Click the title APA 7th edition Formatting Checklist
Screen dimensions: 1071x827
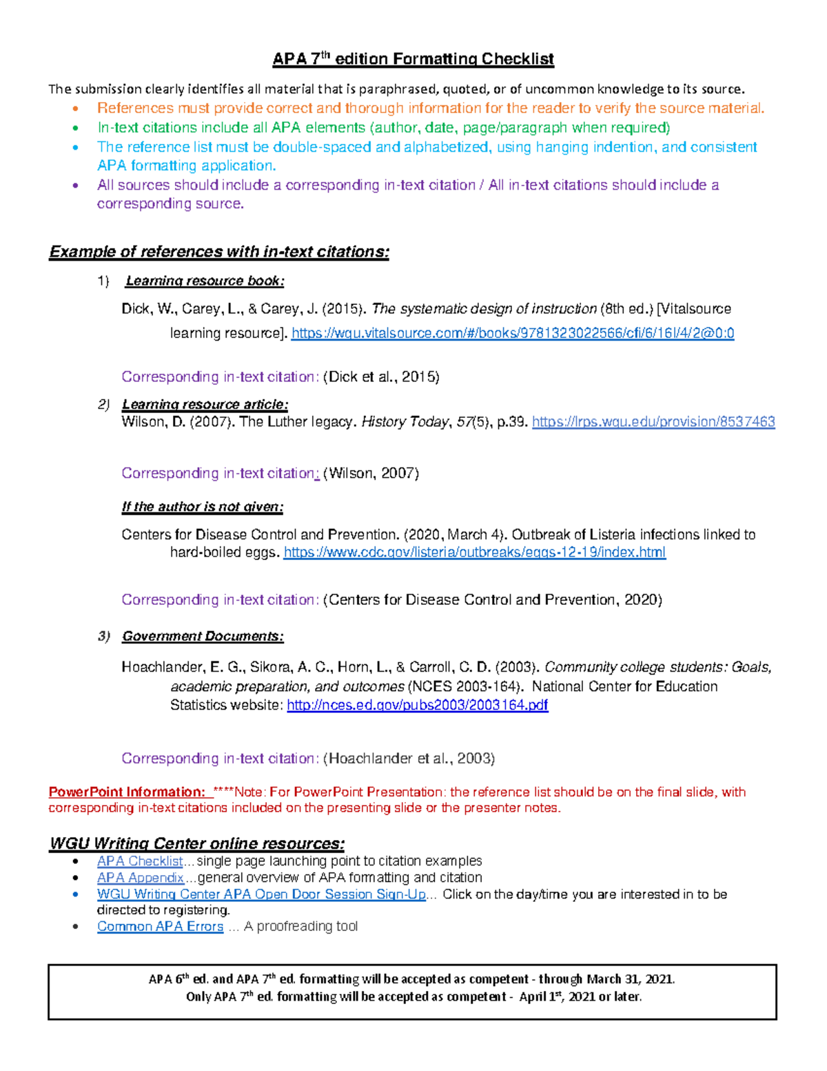coord(413,59)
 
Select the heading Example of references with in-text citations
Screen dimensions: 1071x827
coord(219,252)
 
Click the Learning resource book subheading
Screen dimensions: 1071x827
coord(205,281)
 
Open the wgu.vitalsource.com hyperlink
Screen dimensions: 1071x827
coord(512,333)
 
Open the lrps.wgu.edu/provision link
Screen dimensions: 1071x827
coord(653,421)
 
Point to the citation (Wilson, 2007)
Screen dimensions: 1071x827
coord(371,473)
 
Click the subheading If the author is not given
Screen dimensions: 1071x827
coord(203,507)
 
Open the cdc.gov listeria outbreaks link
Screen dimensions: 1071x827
coord(474,552)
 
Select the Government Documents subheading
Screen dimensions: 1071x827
coord(203,636)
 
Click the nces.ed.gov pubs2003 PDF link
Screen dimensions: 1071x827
coord(417,705)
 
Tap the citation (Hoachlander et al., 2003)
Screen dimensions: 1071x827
coord(409,759)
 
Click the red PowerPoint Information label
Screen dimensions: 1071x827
coord(127,792)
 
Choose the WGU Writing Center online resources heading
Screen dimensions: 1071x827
coord(197,843)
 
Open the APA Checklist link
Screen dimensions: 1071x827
coord(140,861)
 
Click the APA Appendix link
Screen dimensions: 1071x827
coord(140,877)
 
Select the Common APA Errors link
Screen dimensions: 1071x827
coord(160,926)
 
